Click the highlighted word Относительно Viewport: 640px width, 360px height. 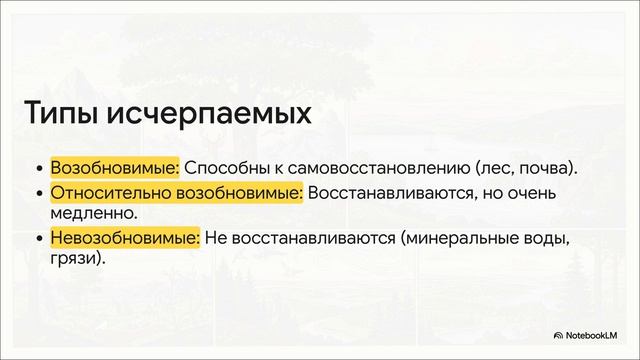[109, 193]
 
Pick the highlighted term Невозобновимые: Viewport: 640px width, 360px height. [125, 238]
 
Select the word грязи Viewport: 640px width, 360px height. [74, 258]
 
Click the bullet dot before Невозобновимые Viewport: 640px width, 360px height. [39, 239]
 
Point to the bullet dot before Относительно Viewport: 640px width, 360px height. [39, 194]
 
